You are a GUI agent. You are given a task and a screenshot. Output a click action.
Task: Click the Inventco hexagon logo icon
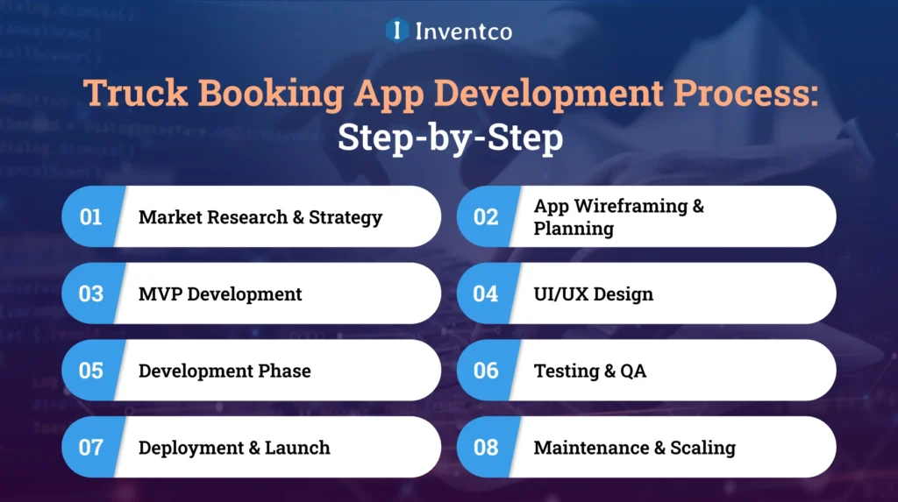[x=398, y=31]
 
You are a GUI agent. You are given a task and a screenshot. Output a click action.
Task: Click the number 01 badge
[x=91, y=216]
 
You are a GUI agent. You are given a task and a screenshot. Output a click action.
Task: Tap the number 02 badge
[x=486, y=216]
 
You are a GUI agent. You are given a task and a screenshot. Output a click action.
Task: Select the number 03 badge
[x=91, y=293]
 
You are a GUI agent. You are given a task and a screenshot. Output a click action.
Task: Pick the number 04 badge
[x=486, y=293]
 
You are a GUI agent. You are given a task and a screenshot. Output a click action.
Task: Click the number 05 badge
[x=91, y=371]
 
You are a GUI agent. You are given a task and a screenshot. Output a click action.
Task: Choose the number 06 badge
[x=486, y=371]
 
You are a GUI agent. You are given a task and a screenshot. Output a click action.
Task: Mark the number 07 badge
[x=91, y=447]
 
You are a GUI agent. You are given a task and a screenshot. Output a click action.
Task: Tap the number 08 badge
[x=486, y=447]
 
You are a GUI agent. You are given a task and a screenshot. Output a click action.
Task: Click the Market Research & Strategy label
[x=260, y=216]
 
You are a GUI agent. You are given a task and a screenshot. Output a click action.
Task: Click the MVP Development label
[x=220, y=293]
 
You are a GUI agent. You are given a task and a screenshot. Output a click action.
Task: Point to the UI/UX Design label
[x=594, y=293]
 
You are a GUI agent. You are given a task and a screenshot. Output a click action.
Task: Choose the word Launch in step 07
[x=297, y=447]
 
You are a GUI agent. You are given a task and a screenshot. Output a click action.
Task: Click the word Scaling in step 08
[x=702, y=447]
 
